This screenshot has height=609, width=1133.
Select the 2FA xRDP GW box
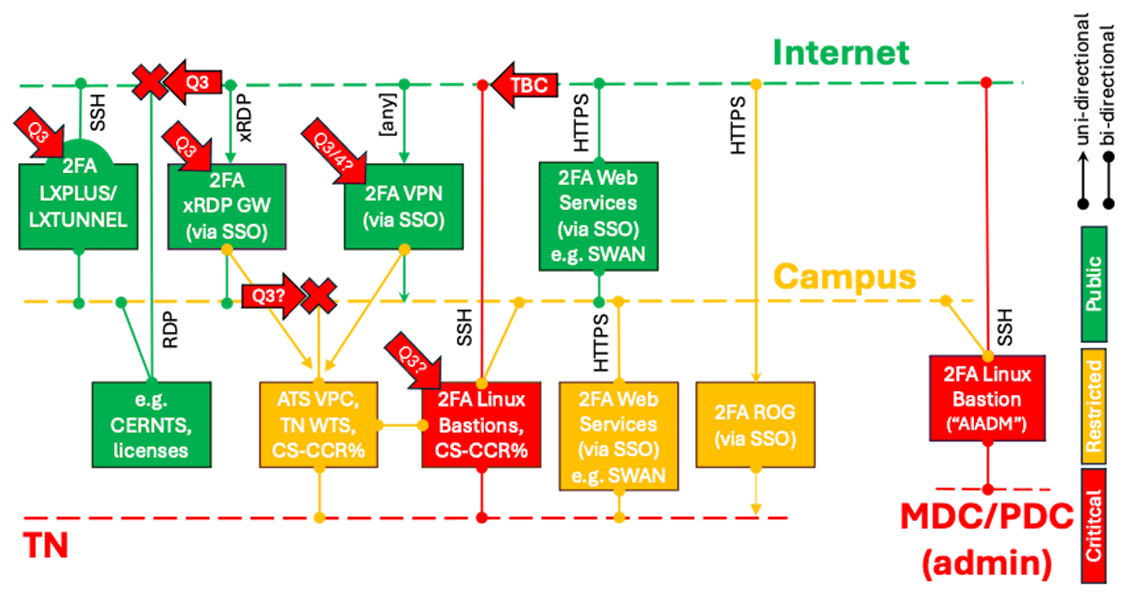point(227,206)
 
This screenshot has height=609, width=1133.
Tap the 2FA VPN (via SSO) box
point(404,206)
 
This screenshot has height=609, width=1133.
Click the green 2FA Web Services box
point(598,216)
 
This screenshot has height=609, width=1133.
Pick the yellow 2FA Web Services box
point(618,437)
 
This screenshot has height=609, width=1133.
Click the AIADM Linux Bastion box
point(987,398)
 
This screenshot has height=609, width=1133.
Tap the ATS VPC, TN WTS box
point(318,425)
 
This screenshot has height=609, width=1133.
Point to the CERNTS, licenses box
point(151,425)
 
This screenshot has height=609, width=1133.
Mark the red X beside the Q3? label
point(319,296)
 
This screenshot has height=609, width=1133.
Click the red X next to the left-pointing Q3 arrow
point(148,82)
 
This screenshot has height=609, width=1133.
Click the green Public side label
point(1094,283)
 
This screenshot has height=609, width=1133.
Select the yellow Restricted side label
point(1094,406)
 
